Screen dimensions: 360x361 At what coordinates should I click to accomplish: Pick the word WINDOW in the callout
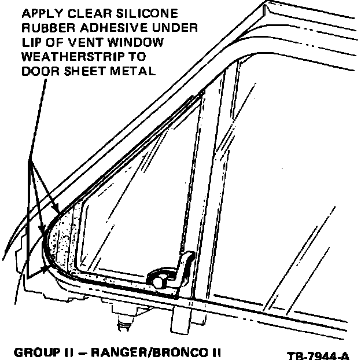(134, 42)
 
